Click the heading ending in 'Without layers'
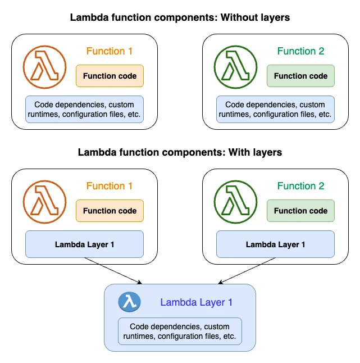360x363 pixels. [x=180, y=17]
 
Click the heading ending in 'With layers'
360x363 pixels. [x=180, y=152]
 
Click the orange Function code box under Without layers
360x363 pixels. [x=110, y=76]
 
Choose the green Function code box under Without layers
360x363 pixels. [x=300, y=76]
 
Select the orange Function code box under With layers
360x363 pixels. [x=110, y=211]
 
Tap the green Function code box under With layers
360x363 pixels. [x=300, y=211]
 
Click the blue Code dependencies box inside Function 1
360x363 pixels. [x=85, y=110]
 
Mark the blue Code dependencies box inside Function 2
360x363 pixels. [x=275, y=110]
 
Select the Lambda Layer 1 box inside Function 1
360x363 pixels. [x=85, y=244]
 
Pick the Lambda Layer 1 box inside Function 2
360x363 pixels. [x=275, y=244]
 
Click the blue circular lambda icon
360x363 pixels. [x=129, y=302]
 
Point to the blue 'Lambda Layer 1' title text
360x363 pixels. [x=196, y=302]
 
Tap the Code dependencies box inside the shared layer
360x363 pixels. [x=180, y=332]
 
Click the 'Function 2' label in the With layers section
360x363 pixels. [x=300, y=186]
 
